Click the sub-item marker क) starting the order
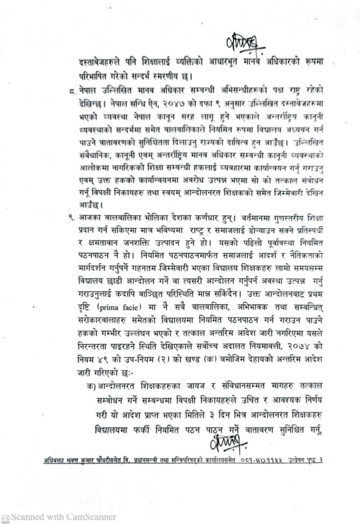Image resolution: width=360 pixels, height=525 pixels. [92, 384]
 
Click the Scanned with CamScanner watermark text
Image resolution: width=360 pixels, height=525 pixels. [64, 517]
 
